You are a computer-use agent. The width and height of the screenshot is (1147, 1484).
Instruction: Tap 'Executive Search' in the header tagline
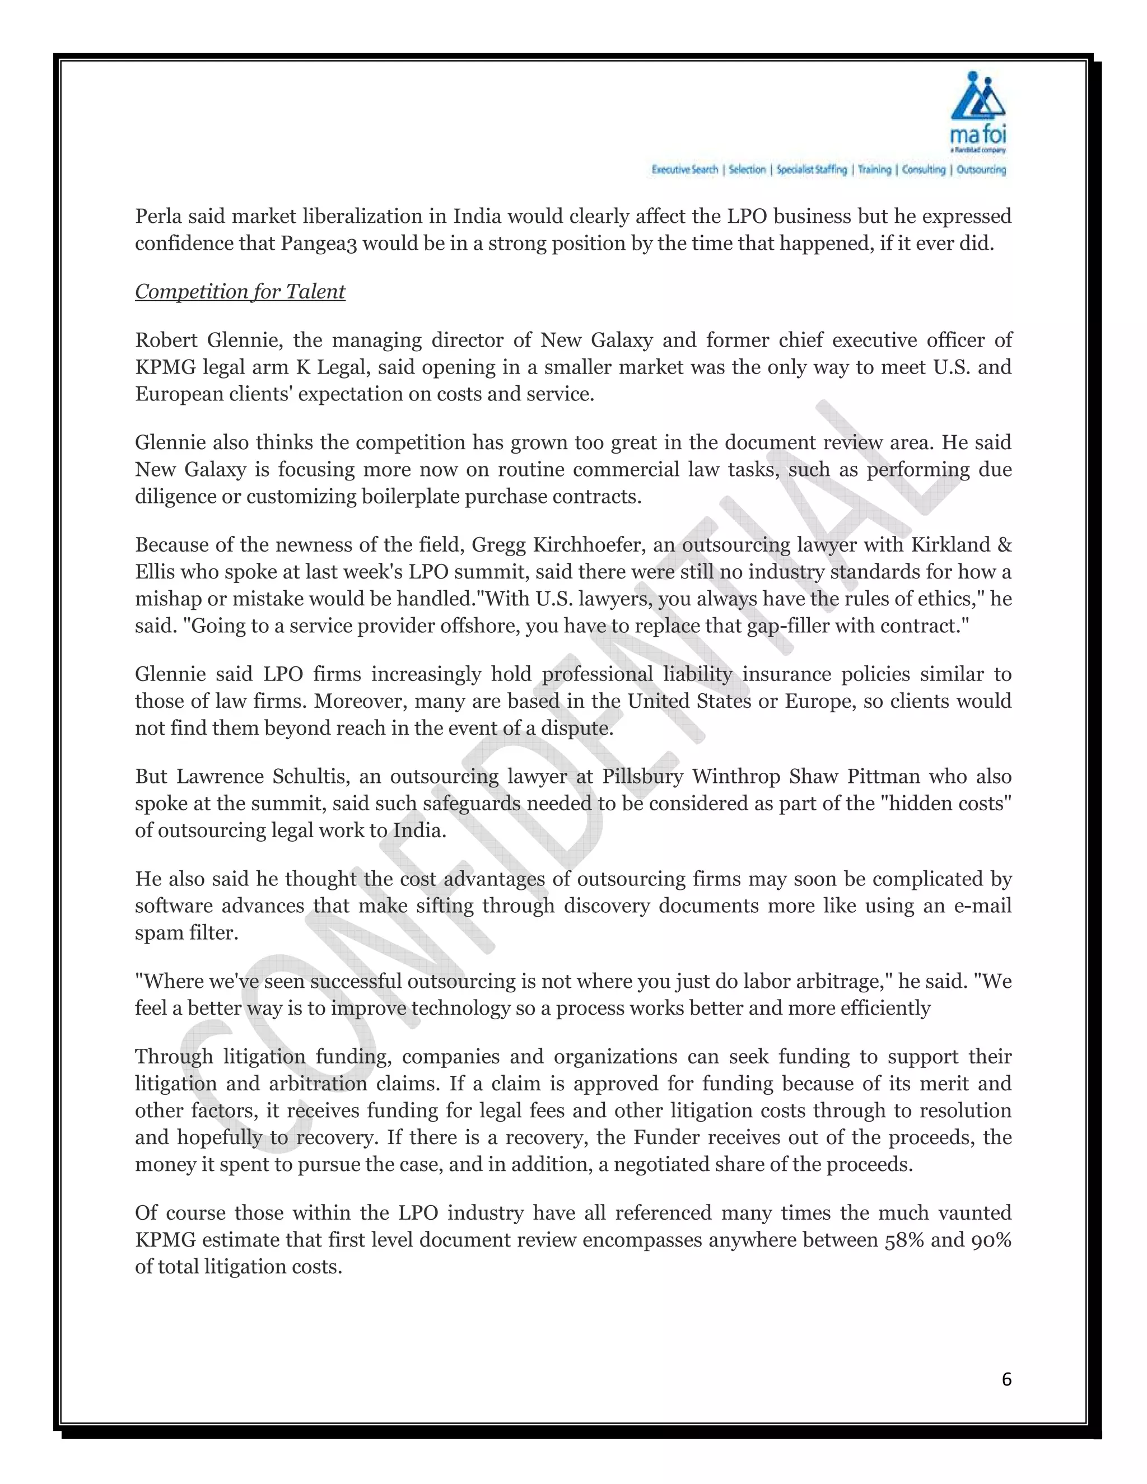click(x=684, y=170)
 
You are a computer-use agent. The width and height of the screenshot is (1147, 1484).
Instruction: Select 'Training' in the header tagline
click(x=874, y=170)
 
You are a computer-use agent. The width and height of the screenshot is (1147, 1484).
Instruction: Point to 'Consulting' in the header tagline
click(x=924, y=170)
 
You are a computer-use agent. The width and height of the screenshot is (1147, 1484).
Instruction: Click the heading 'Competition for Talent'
click(x=240, y=292)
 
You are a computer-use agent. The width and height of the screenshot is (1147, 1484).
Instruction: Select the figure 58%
click(x=904, y=1240)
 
